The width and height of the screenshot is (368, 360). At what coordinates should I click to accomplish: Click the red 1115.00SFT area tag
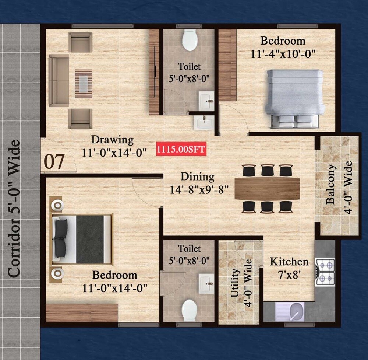(x=180, y=150)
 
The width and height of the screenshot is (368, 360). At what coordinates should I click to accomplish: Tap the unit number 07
(x=54, y=161)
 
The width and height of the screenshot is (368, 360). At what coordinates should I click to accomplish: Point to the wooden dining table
(x=267, y=188)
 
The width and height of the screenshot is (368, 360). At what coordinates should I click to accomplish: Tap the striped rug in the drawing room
(x=84, y=83)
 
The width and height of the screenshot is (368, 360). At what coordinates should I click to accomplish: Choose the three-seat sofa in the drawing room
(x=59, y=81)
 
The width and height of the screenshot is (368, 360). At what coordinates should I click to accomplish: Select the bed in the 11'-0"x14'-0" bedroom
(x=82, y=239)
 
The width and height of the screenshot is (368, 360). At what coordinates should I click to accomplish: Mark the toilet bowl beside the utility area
(x=190, y=310)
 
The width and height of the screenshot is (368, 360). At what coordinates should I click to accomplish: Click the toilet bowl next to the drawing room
(x=190, y=40)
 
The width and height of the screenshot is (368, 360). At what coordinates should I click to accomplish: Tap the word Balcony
(x=330, y=184)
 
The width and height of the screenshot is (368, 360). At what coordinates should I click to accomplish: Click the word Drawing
(x=112, y=140)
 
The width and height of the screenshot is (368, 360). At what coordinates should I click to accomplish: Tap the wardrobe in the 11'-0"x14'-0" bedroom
(x=82, y=312)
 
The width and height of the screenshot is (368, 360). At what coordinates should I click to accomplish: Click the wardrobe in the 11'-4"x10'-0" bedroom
(x=227, y=65)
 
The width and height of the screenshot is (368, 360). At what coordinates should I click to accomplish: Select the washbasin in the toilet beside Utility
(x=206, y=282)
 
